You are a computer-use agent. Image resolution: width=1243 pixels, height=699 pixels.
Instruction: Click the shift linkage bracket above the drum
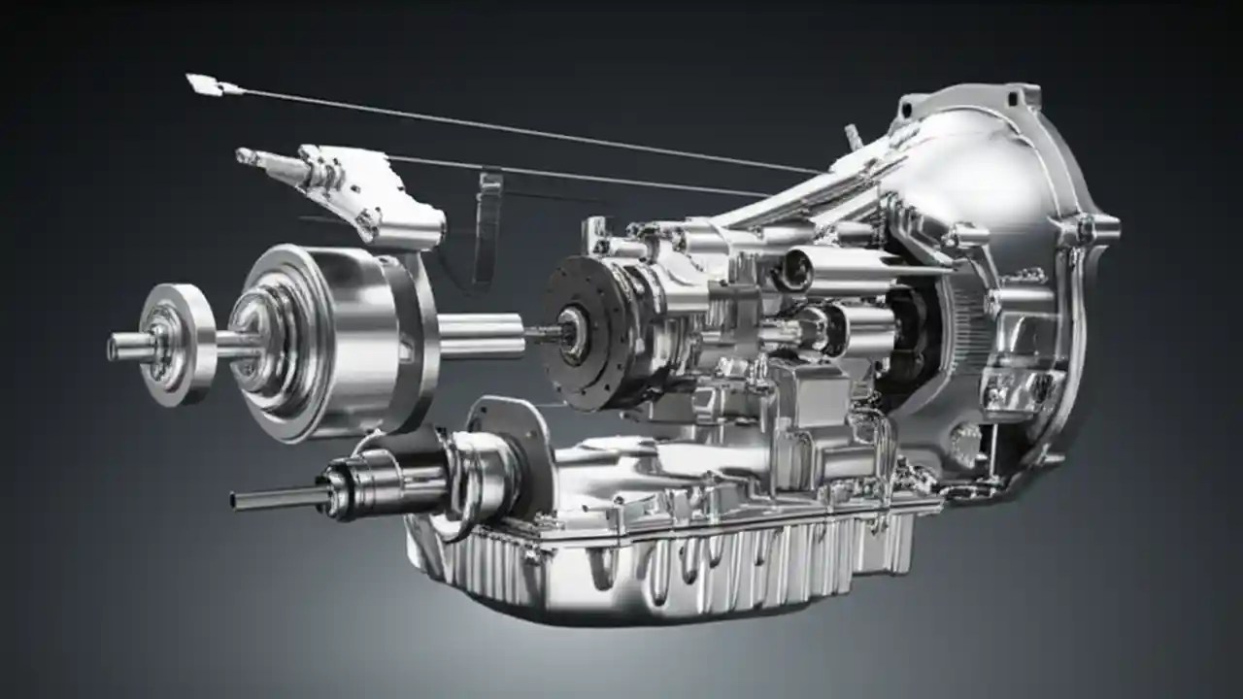(x=369, y=194)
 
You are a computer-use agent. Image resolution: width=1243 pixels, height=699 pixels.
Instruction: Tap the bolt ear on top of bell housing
(x=1015, y=96)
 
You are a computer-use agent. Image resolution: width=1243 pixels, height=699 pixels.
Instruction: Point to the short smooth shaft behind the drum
(x=481, y=335)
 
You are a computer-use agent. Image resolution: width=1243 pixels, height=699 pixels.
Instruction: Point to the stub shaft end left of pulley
(x=121, y=347)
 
